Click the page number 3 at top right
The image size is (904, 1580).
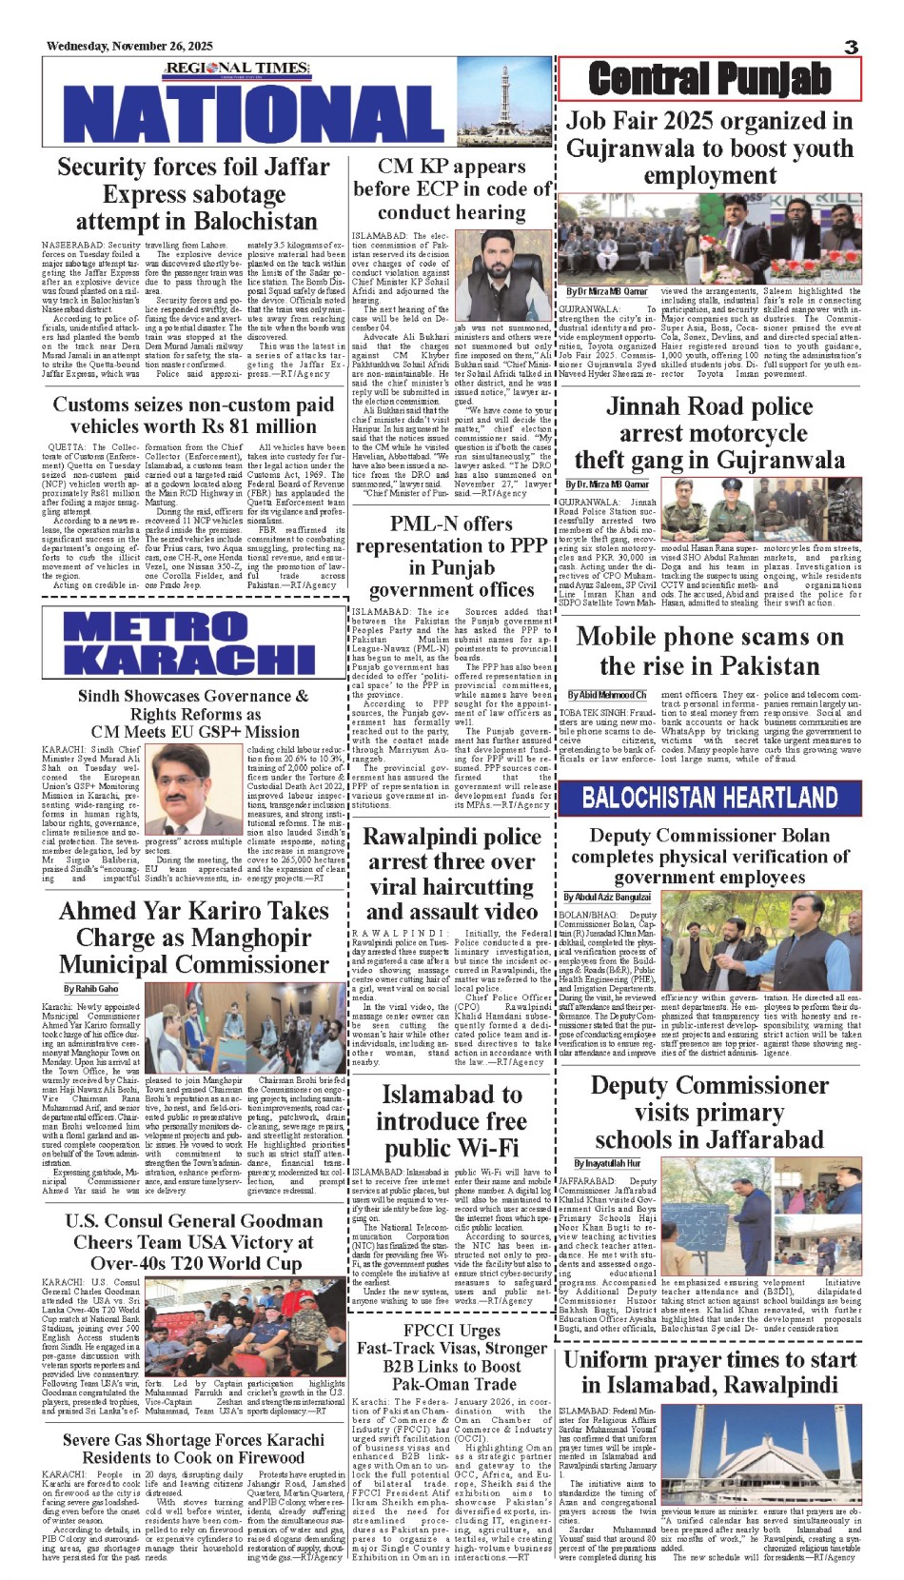851,47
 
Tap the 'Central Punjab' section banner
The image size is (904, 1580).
709,79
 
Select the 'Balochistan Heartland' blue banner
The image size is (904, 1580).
710,798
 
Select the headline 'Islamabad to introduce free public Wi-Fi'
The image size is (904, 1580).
451,1121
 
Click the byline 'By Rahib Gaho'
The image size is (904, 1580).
91,989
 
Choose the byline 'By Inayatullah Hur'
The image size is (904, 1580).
607,1163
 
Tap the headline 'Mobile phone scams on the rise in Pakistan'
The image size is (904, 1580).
710,651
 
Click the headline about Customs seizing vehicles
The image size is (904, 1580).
193,415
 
